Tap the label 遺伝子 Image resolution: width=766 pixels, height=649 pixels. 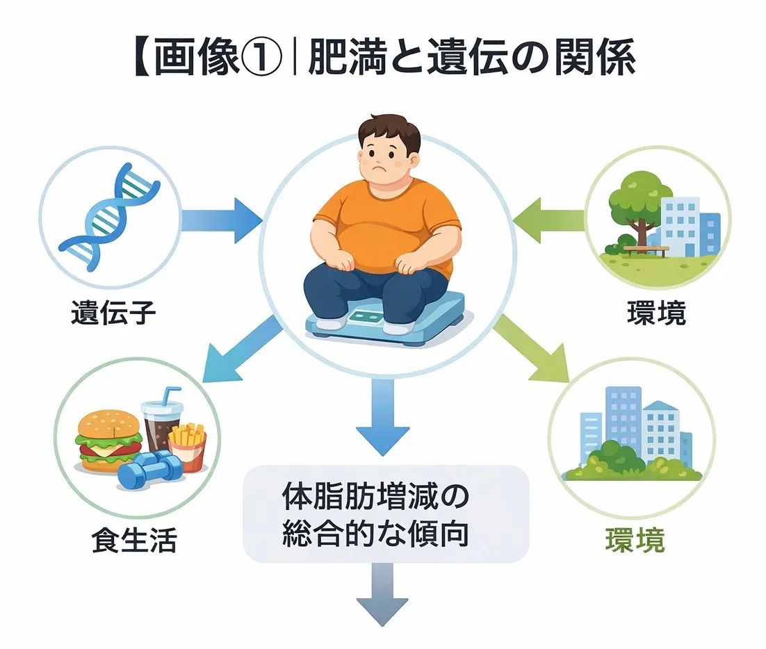click(x=113, y=315)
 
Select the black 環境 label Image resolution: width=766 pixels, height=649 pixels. click(x=656, y=313)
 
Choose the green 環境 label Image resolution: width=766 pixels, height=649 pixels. click(x=635, y=540)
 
